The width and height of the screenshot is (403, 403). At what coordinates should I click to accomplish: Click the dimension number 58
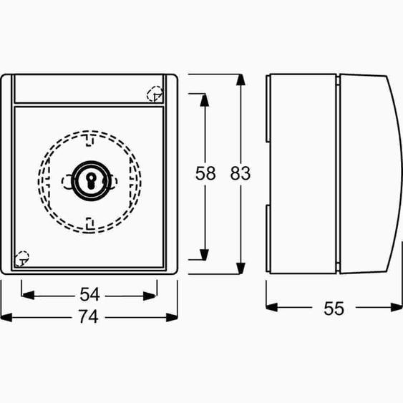coord(205,173)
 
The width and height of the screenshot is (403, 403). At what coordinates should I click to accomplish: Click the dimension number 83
coord(240,173)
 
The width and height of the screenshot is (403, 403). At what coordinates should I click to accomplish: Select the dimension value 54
coord(89,294)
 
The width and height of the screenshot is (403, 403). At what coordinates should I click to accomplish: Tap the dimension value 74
coord(89,316)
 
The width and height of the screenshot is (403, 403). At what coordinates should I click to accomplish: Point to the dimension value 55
coord(334,309)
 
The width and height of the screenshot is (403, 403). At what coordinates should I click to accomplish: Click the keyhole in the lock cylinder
coord(90,180)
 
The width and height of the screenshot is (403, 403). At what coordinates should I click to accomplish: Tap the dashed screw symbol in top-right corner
coord(155,94)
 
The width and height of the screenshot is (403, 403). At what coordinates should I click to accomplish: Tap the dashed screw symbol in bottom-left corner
coord(22,259)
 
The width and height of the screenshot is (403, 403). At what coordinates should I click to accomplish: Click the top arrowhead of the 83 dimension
coord(241,79)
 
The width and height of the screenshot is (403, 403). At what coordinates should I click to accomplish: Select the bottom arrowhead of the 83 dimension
coord(241,268)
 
